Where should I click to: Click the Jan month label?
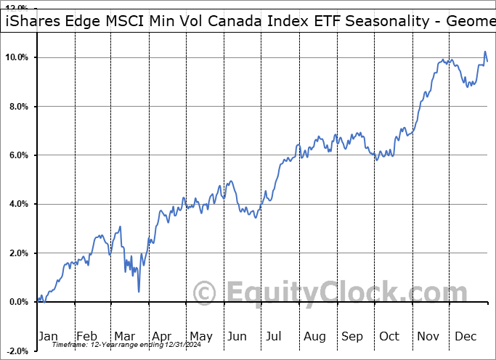pos(49,336)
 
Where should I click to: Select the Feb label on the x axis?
pos(86,336)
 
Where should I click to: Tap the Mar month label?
pos(124,336)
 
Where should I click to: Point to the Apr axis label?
pos(162,336)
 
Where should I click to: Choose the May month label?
pos(200,336)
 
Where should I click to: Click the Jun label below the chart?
pos(237,336)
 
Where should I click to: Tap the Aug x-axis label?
pos(314,336)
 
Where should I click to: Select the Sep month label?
pos(352,336)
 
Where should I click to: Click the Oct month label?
pos(389,336)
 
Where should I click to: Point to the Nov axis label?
pos(428,336)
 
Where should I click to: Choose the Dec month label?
pos(465,336)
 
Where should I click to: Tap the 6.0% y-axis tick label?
pos(17,155)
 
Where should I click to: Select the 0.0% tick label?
pos(17,302)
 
